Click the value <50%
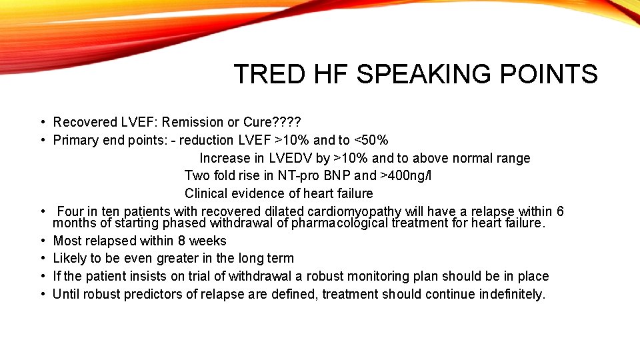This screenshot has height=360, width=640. pos(371,140)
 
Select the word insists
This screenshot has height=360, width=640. pos(143,276)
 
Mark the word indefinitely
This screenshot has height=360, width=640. pos(512,294)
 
